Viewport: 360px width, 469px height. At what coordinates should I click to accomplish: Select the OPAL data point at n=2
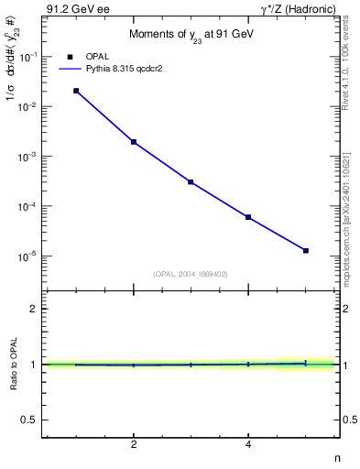point(134,142)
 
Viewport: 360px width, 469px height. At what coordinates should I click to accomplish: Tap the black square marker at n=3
point(191,182)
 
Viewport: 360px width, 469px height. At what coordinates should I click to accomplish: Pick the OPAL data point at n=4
point(248,217)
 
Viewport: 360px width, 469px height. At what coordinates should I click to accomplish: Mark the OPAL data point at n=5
point(306,250)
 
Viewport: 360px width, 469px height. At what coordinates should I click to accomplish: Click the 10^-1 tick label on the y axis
point(30,57)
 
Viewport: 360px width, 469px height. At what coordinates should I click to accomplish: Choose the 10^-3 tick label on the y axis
point(30,157)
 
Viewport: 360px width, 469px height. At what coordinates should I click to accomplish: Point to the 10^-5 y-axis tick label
point(30,256)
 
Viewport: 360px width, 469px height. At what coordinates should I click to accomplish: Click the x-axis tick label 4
point(248,446)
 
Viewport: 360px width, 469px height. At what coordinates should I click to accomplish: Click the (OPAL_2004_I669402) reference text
point(191,273)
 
